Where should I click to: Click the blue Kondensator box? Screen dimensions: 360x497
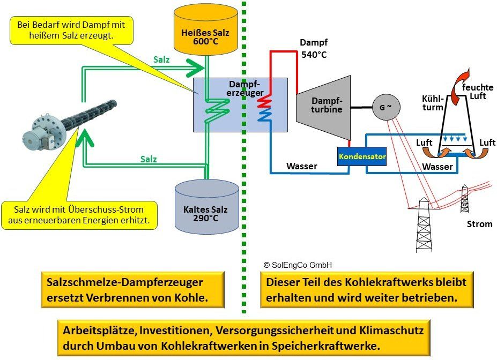click(361, 156)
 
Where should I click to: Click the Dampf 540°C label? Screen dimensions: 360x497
click(313, 48)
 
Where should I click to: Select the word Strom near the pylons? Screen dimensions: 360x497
click(479, 224)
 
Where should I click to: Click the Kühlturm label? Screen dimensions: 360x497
click(433, 103)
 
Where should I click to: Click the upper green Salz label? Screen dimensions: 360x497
click(161, 60)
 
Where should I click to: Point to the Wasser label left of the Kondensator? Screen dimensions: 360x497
click(301, 166)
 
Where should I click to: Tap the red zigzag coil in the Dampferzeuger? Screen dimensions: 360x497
click(264, 102)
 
